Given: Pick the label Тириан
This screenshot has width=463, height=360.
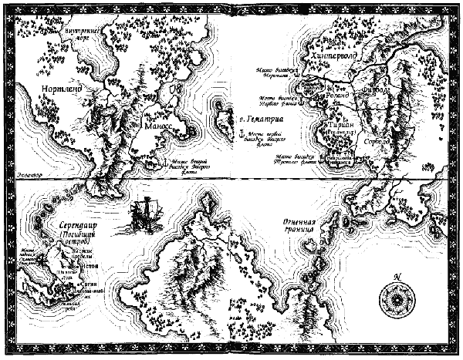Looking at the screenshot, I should click(340, 123).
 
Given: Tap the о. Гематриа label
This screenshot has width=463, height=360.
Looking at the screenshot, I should click(259, 121).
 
